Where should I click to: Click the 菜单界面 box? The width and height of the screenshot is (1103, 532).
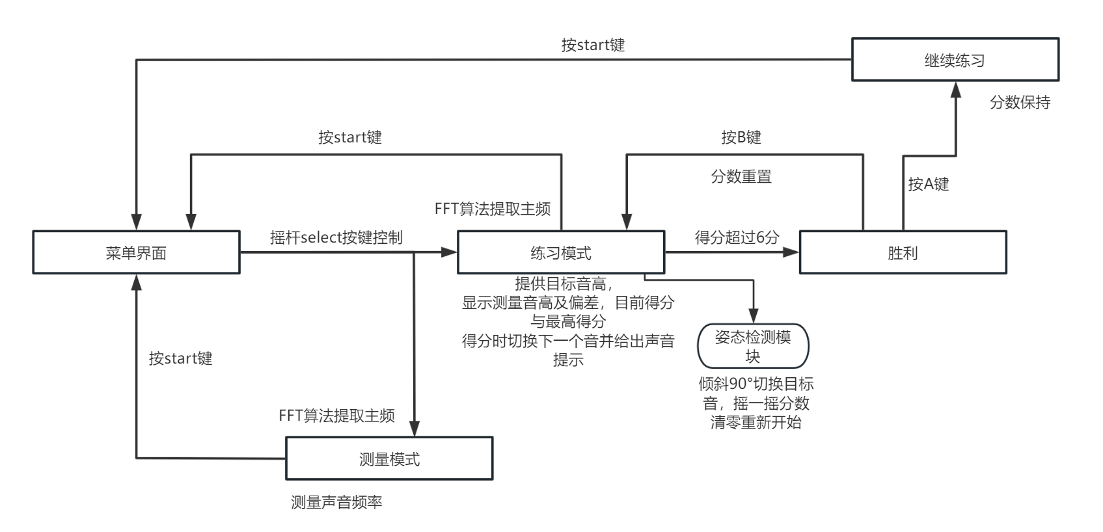[x=136, y=252]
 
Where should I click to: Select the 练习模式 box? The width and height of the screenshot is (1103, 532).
[x=560, y=252]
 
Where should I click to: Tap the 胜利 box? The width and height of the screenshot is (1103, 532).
[x=903, y=252]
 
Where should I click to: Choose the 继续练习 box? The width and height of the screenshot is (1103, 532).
[x=955, y=60]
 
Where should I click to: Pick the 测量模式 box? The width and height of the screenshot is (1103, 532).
[x=389, y=459]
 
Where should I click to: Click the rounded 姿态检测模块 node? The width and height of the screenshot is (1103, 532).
[x=753, y=346]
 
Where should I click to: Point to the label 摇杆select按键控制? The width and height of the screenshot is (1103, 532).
[x=336, y=237]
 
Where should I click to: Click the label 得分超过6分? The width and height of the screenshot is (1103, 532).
[x=737, y=237]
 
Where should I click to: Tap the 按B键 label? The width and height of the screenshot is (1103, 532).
[x=741, y=137]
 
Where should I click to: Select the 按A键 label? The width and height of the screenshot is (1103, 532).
[x=928, y=184]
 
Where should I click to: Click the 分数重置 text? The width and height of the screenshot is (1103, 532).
[x=741, y=176]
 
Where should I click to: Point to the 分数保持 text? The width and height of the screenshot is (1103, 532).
[x=1020, y=102]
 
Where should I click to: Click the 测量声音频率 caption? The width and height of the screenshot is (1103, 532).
[x=336, y=502]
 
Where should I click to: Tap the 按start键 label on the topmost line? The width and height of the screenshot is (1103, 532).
[x=593, y=45]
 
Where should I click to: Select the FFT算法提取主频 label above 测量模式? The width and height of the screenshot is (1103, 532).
[x=336, y=416]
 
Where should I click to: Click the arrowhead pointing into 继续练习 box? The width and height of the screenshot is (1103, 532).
[x=956, y=89]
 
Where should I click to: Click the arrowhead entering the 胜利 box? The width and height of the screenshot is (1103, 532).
[x=791, y=252]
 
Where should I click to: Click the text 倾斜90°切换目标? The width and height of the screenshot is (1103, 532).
[x=756, y=384]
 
